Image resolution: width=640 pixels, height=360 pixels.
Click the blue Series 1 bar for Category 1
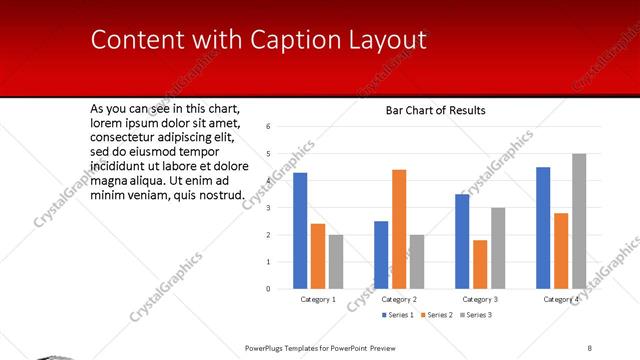[x=300, y=230]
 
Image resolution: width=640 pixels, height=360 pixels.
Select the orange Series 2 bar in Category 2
[x=399, y=229]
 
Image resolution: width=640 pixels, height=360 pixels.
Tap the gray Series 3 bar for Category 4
[x=579, y=221]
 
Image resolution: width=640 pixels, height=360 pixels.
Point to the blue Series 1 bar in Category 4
[x=543, y=227]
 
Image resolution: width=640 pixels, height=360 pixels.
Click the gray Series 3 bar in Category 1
[x=336, y=261]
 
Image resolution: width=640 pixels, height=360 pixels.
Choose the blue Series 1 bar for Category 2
[x=381, y=254]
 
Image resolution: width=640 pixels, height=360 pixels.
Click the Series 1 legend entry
[x=397, y=315]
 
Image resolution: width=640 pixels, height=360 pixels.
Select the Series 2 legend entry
[x=435, y=315]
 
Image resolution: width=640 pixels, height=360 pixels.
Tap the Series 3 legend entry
[x=474, y=315]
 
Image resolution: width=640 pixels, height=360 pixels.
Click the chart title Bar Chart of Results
[x=435, y=110]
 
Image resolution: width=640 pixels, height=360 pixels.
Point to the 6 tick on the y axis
[x=268, y=127]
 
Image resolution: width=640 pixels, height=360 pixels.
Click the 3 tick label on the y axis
[x=268, y=208]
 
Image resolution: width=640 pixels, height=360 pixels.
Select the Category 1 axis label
[x=318, y=299]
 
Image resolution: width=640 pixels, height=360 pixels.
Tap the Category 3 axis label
[x=480, y=299]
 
